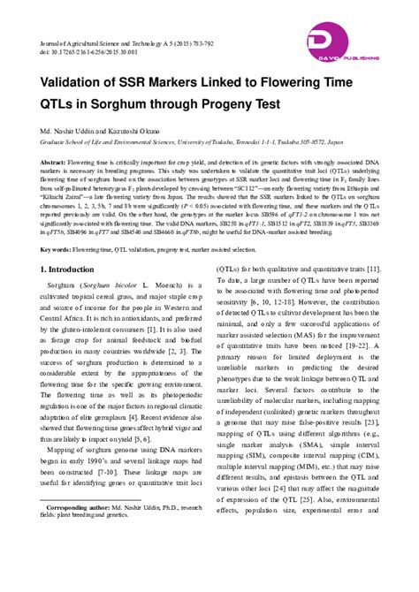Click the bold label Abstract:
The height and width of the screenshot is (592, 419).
[x=53, y=163]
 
